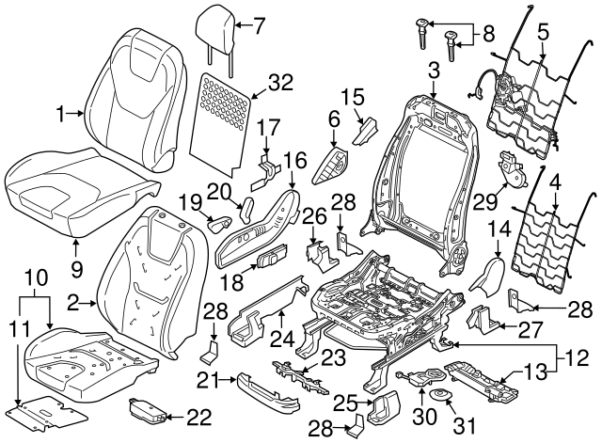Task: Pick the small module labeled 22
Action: tap(148, 409)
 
